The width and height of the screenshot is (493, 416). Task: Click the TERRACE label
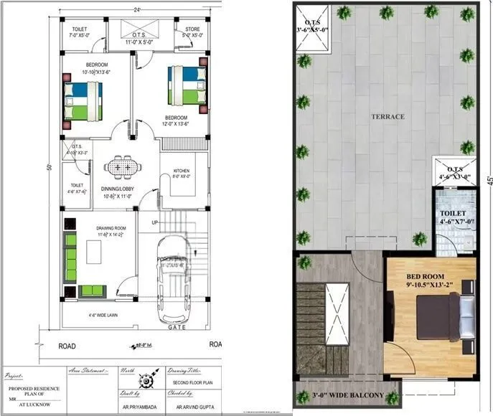(388, 116)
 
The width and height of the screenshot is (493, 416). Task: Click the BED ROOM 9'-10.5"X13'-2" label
(425, 280)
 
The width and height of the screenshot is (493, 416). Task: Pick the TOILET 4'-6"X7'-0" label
(458, 217)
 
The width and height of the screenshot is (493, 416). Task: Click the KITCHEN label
(182, 171)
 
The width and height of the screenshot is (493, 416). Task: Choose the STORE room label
(192, 31)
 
